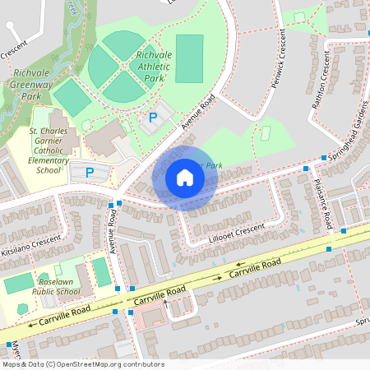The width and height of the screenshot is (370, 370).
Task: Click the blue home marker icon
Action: coord(184,178)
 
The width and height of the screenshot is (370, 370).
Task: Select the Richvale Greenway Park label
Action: coord(34,84)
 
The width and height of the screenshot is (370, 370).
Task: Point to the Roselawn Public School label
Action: coord(56,285)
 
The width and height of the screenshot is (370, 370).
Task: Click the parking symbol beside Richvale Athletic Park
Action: coord(151,118)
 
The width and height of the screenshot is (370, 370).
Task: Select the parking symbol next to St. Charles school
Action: coord(90,173)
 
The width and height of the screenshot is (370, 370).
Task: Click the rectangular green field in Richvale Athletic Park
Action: coord(189,58)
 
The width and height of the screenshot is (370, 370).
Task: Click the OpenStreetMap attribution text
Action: coord(82,364)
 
